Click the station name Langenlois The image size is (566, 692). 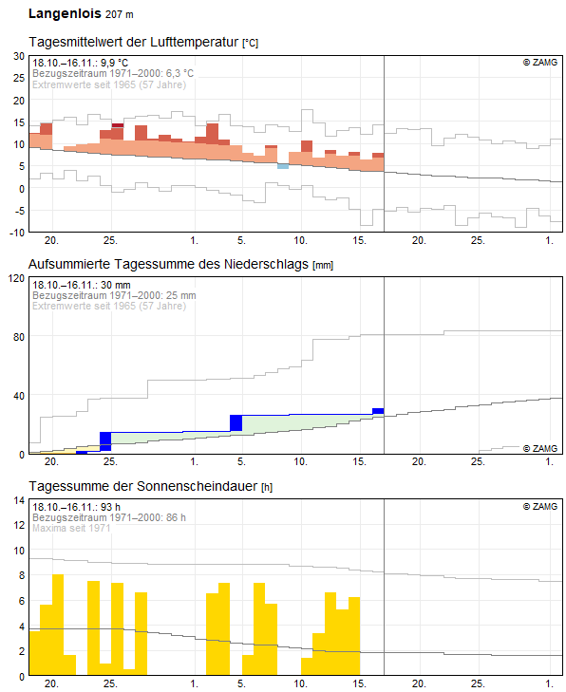click(x=65, y=13)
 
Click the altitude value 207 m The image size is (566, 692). click(x=120, y=14)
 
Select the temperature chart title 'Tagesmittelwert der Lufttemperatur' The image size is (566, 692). click(x=134, y=42)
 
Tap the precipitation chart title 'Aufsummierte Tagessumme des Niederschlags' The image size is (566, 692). click(x=168, y=264)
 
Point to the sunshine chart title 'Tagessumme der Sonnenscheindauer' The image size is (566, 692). click(x=143, y=486)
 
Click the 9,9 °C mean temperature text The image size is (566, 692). click(x=114, y=63)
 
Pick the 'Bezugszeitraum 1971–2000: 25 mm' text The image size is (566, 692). click(x=114, y=295)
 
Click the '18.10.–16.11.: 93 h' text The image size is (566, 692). click(x=76, y=507)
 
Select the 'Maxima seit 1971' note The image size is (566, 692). click(x=71, y=528)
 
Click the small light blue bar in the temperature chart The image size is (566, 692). click(x=283, y=166)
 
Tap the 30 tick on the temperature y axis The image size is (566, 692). click(x=19, y=56)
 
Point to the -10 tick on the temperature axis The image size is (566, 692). click(x=17, y=233)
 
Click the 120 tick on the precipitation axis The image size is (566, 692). click(x=17, y=278)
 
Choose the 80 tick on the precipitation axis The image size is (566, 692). click(x=19, y=337)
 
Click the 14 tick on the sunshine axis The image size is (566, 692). click(x=19, y=500)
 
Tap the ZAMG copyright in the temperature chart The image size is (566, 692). click(x=540, y=63)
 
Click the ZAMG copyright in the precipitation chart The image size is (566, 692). click(x=540, y=448)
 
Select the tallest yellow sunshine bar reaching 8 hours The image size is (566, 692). click(x=58, y=625)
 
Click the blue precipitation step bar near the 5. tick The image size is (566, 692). click(x=236, y=422)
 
